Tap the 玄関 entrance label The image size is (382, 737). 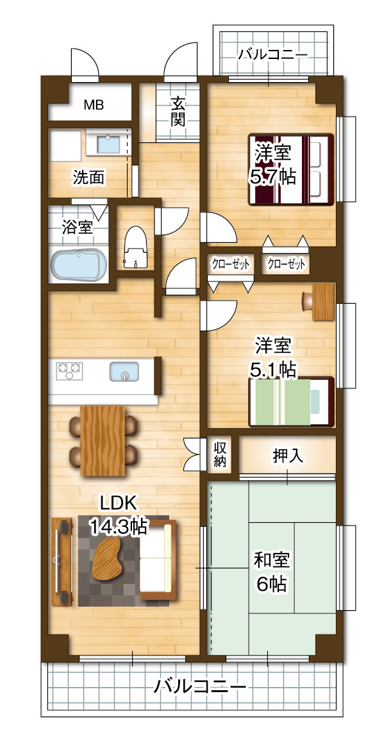179,110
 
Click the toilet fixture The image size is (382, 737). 135,247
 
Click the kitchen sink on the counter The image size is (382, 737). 125,371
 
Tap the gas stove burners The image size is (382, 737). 70,370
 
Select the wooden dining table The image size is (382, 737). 104,441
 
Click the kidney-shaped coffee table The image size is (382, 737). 110,556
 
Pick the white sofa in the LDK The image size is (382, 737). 158,559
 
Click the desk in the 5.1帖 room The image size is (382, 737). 324,301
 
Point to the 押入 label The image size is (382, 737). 288,456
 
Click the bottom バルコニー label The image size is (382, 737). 200,688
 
